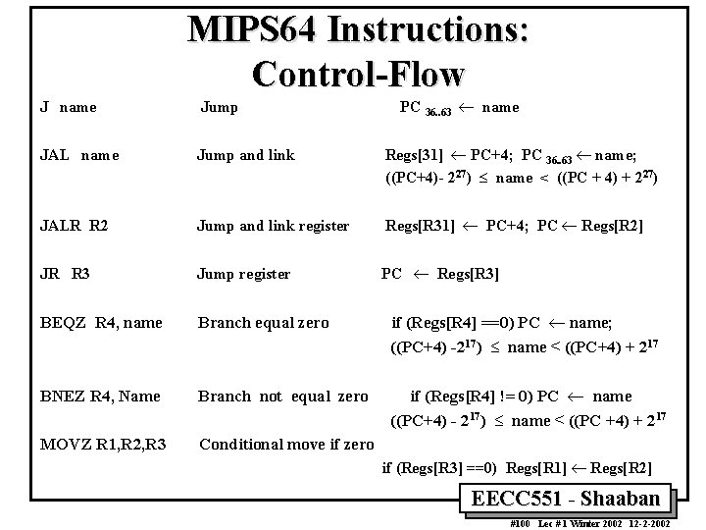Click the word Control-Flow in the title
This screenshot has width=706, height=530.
click(x=358, y=72)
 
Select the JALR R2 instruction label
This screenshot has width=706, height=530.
click(x=74, y=226)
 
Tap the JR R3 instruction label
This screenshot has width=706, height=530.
click(x=66, y=274)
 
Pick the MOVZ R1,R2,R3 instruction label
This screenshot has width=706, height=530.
click(x=102, y=444)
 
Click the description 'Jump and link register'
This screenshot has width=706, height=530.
click(x=273, y=226)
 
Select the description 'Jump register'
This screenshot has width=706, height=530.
click(x=243, y=274)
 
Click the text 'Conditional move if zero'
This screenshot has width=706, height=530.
click(x=286, y=444)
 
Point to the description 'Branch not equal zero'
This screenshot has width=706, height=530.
click(x=282, y=397)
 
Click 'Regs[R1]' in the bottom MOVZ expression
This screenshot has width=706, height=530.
click(x=529, y=468)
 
